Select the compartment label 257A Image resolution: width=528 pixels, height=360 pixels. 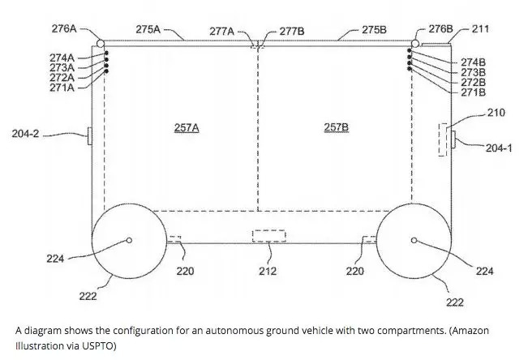coord(187,128)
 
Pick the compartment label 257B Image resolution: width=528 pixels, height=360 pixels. coord(336,128)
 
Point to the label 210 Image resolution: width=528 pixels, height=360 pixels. coord(496,112)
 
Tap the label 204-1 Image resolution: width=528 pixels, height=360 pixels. coord(499,148)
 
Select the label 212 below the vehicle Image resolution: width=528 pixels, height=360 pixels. coord(268,271)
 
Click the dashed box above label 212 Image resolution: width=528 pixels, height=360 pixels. coord(268,236)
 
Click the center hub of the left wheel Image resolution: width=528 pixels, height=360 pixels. coord(130,240)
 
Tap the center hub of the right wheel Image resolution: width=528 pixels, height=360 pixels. coord(414,240)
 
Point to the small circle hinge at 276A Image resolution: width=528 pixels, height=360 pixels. coord(100,43)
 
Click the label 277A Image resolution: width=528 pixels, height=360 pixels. coord(221,31)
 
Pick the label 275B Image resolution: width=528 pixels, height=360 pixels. coord(374,29)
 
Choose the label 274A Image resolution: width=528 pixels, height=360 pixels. coord(62,58)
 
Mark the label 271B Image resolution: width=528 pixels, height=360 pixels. coord(473,92)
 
